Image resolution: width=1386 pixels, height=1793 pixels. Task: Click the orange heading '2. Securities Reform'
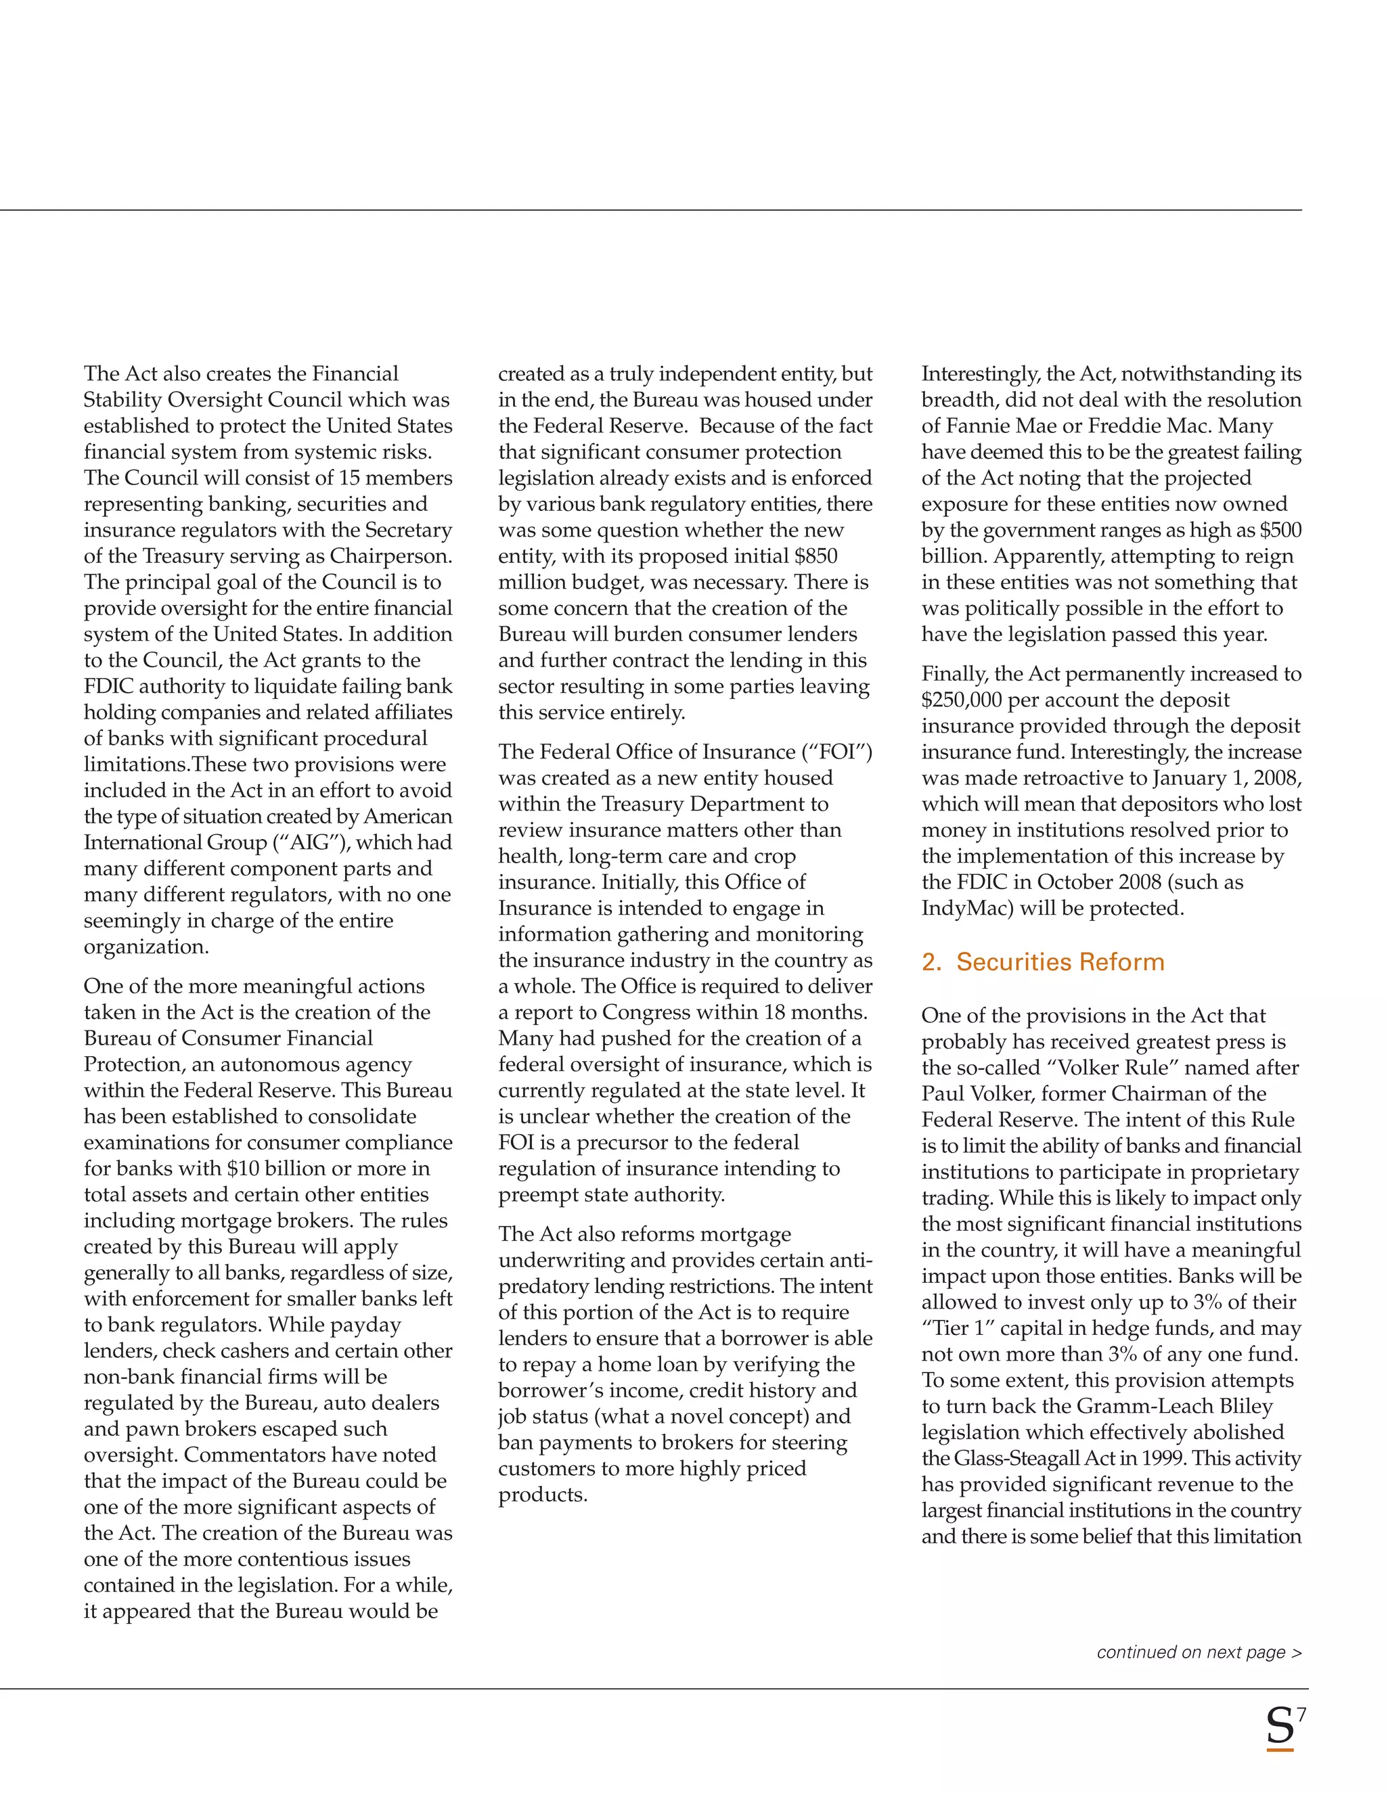[x=1042, y=961]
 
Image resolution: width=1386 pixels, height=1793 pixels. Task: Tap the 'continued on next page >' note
[x=1199, y=1652]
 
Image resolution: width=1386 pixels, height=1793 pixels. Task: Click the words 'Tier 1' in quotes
[x=956, y=1327]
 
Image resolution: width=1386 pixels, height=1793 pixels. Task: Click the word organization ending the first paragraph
[x=146, y=947]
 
